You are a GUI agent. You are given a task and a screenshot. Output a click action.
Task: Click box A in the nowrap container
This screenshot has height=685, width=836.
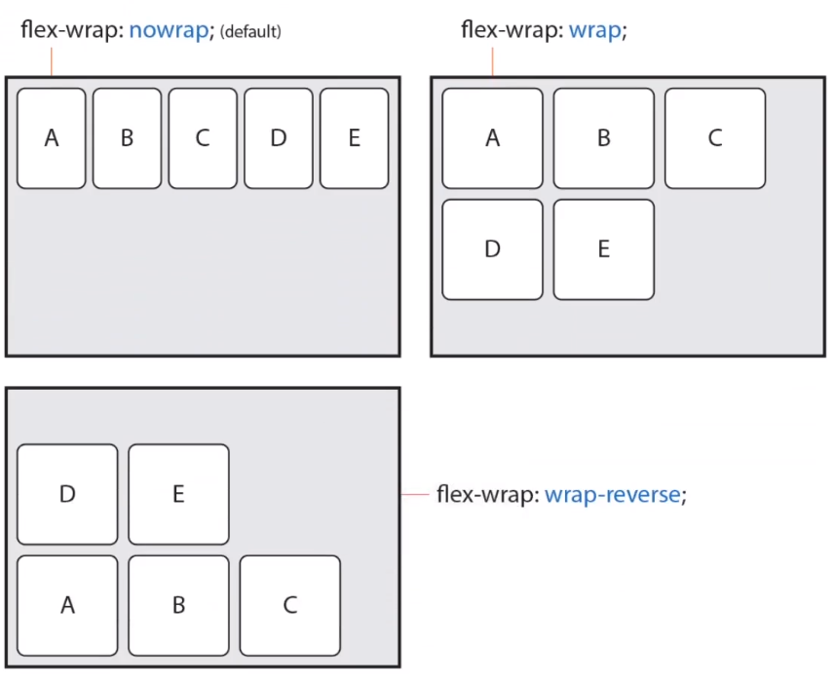click(x=52, y=137)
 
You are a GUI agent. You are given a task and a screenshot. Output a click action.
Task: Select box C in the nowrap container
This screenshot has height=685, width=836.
click(x=203, y=137)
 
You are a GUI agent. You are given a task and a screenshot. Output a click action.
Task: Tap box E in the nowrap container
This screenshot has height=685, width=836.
click(x=354, y=137)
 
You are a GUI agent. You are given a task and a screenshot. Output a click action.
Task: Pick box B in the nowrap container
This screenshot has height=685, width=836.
click(x=127, y=137)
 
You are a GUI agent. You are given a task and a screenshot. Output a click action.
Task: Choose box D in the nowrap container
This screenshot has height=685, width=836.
click(x=279, y=137)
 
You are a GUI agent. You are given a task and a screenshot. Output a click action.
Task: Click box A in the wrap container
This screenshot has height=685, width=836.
click(x=492, y=137)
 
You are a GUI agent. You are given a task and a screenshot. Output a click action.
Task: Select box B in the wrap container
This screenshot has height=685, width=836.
click(x=603, y=137)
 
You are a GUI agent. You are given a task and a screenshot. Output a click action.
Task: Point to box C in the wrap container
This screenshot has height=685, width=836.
click(x=715, y=137)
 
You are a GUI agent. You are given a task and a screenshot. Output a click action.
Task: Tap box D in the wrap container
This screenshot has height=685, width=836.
click(x=492, y=249)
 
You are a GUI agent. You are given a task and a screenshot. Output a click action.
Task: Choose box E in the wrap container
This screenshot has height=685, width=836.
click(x=603, y=249)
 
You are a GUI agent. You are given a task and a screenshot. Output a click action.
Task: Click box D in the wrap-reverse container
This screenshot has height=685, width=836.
click(x=67, y=494)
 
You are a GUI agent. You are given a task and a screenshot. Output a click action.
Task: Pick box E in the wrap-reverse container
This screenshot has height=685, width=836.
click(x=178, y=494)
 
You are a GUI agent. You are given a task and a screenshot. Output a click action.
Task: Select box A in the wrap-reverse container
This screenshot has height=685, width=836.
click(x=67, y=605)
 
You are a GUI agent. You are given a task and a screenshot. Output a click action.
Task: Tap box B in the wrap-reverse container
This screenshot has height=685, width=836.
click(x=178, y=605)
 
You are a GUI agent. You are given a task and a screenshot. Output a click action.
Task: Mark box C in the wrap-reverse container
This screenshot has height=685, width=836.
click(x=289, y=605)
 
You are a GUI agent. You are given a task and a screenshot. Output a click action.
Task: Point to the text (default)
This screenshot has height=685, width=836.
click(x=250, y=32)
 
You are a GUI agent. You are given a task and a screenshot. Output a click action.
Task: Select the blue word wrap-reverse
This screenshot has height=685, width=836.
click(x=612, y=494)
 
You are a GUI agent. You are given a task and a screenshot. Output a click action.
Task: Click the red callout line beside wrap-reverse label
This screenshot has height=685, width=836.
click(x=416, y=495)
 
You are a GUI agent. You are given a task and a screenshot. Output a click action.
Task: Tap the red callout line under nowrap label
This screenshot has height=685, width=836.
click(x=50, y=60)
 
